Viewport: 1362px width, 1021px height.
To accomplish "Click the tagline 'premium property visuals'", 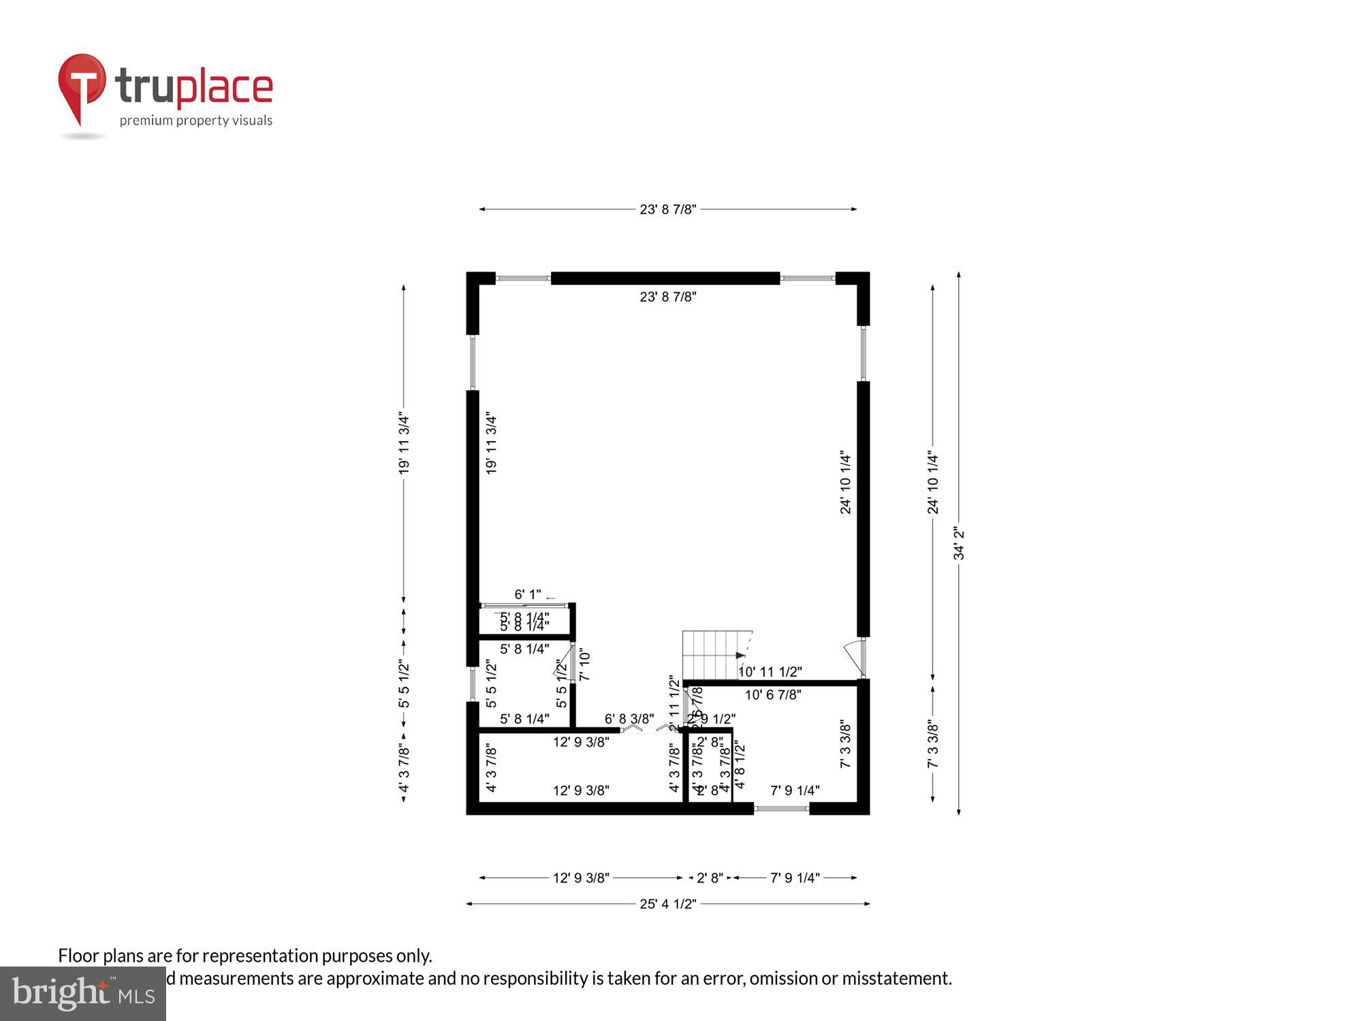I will click(x=196, y=121).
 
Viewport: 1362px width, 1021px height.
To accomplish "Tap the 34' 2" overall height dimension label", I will click(x=959, y=543).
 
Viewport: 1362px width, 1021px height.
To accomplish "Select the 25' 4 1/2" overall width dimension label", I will click(x=667, y=904).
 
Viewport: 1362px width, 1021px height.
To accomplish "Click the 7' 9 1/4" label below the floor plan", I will click(x=795, y=878).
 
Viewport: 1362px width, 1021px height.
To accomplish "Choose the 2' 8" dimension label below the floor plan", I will click(x=710, y=878).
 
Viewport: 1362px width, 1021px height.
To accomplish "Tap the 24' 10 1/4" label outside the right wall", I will click(x=933, y=483).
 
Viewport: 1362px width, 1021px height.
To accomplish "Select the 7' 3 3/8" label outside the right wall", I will click(x=933, y=745).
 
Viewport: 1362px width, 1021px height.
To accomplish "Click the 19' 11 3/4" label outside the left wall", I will click(x=404, y=442).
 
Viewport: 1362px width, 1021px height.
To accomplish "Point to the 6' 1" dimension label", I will click(x=528, y=594).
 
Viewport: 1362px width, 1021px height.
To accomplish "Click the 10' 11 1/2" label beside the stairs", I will click(x=770, y=672).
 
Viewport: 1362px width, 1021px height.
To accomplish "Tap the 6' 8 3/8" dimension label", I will click(x=629, y=719).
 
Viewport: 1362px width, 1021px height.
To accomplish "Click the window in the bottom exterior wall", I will click(x=781, y=809).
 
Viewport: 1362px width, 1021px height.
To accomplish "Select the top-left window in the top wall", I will click(x=523, y=278).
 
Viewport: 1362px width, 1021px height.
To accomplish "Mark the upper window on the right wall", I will click(x=863, y=353).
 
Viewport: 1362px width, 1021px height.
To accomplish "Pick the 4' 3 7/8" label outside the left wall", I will click(x=404, y=769).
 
